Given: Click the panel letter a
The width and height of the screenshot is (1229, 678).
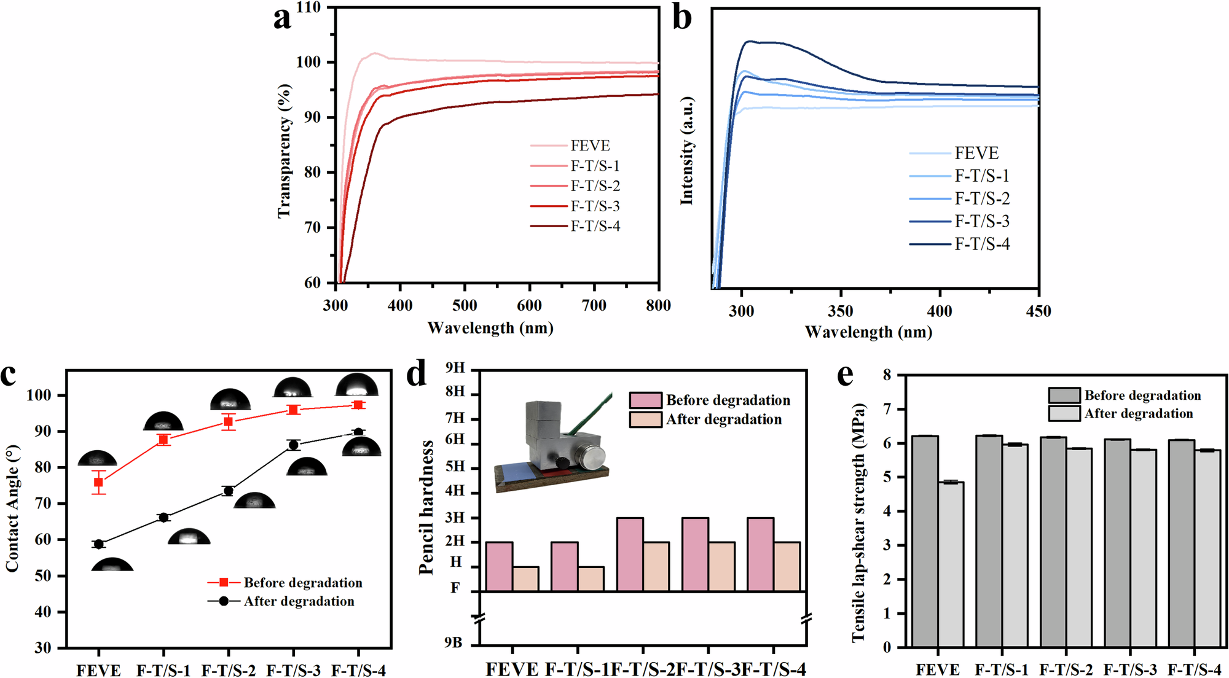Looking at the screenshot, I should point(282,18).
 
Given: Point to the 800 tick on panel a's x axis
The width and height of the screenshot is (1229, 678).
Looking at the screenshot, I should point(658,305).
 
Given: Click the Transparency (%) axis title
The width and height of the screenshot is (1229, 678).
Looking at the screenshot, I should point(283,151).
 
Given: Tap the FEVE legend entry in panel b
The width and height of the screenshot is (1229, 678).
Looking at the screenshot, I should point(976,153).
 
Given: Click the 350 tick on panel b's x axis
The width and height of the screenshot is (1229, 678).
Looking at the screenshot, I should point(840,311).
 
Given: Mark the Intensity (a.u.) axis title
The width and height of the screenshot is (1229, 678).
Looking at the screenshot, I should point(687,151).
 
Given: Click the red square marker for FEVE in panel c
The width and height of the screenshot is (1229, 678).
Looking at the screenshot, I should point(98,483).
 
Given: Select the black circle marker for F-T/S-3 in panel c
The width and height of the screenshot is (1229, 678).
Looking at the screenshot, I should point(294,445).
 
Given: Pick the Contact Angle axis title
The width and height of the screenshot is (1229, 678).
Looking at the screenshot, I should point(12,509).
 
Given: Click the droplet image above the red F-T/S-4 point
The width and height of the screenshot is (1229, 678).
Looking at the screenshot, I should point(357,385).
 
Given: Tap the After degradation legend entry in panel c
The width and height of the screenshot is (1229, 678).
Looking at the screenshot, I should point(299,601).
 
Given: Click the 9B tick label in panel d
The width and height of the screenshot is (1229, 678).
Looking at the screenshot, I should point(453,642).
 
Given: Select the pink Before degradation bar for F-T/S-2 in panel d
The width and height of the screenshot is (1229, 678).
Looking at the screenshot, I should point(630,554).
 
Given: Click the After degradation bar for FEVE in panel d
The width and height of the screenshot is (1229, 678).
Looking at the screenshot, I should point(525,579).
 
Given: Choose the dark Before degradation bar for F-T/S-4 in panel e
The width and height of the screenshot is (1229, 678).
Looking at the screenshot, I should point(1180,543).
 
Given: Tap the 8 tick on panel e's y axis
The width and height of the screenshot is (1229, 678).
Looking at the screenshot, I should point(887,375).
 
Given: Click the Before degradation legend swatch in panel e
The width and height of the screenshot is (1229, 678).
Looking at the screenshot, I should point(1064,395).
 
